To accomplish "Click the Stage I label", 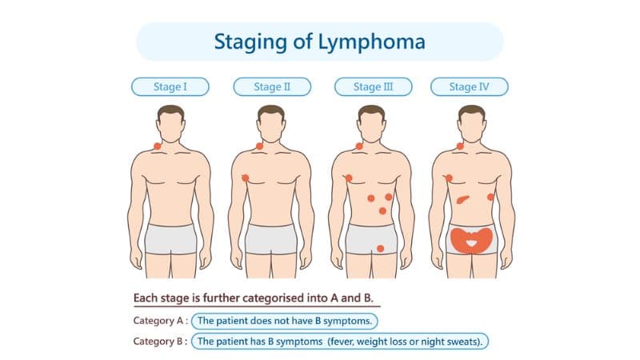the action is click(170, 87).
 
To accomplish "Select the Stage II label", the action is click(272, 87).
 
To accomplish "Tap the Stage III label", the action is click(373, 87).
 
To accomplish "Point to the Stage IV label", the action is click(470, 87).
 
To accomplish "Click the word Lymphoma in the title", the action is click(371, 42).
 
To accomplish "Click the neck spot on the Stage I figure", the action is click(157, 146).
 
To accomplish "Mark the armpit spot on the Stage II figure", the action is click(246, 178).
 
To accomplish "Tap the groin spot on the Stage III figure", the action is click(380, 248).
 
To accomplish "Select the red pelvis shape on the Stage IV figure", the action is click(471, 241).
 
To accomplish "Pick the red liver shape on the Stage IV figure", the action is click(462, 199).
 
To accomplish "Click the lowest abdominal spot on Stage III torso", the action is click(382, 210).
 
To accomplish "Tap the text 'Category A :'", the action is click(161, 321).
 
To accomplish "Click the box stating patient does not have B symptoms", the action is click(285, 321).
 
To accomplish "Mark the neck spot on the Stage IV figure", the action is click(460, 146).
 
